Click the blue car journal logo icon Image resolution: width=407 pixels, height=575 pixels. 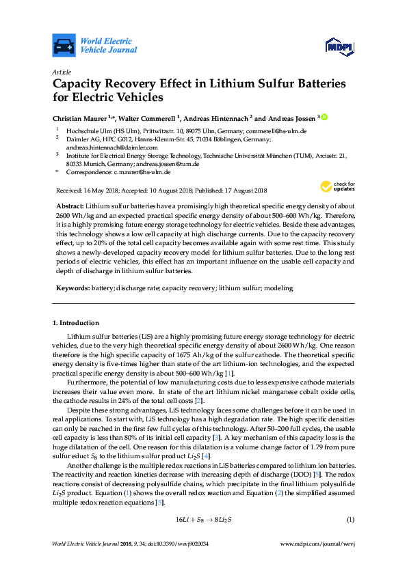(64, 45)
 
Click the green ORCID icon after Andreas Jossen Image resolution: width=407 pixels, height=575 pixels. (325, 117)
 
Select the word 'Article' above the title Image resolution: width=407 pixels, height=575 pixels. (61, 71)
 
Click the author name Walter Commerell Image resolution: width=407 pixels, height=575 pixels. (154, 118)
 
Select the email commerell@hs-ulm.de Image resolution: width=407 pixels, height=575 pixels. (277, 130)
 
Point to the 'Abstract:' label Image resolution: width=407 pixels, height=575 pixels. (70, 206)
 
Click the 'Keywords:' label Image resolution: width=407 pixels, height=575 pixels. (72, 288)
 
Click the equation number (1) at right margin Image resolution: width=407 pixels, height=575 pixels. (350, 519)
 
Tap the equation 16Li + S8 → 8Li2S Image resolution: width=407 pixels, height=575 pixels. (204, 519)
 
